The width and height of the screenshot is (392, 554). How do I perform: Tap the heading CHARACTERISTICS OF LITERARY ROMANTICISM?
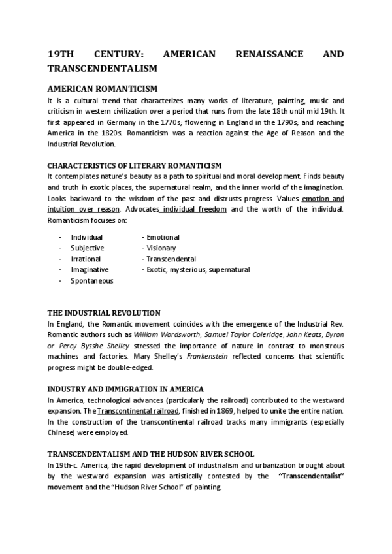coord(135,166)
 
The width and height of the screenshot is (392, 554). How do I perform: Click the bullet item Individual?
coord(87,237)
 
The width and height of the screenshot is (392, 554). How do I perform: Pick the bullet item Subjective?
coord(88,248)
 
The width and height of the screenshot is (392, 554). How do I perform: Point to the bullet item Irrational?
coord(86,259)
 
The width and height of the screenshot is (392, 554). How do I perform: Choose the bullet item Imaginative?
coord(90,269)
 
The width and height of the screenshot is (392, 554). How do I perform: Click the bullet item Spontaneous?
coord(92,280)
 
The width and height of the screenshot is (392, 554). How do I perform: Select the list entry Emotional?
coord(161,237)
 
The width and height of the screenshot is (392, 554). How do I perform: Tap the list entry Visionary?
coord(159,248)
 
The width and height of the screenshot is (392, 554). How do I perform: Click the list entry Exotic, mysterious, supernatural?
coord(196,269)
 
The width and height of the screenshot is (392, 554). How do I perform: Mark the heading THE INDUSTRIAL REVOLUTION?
coord(104,313)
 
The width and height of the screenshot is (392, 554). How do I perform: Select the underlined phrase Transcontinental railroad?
coord(138,410)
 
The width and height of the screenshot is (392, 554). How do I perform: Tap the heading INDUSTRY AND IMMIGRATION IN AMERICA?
coord(125,389)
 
